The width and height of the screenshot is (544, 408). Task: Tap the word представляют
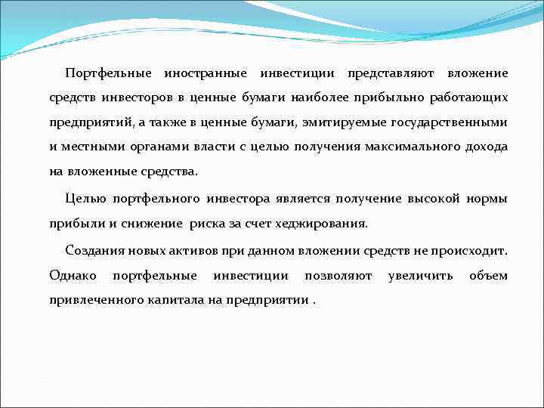coord(390,73)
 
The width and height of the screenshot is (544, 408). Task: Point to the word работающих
coord(469,97)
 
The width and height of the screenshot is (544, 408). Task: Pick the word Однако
coord(73,276)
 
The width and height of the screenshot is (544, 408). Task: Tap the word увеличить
coord(421,276)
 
